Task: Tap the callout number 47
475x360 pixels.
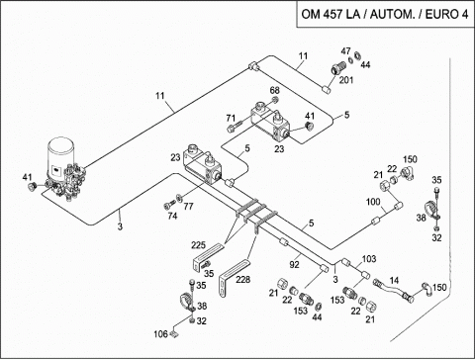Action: click(x=345, y=51)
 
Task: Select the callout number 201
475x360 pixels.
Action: click(x=346, y=80)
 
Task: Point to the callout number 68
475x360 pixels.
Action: click(x=274, y=90)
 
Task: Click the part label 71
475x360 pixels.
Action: click(x=231, y=118)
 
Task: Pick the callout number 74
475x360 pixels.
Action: click(x=172, y=216)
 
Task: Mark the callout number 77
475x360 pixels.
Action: click(x=188, y=207)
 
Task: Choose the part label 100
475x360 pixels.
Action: click(x=373, y=202)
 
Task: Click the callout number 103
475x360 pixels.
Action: click(x=369, y=259)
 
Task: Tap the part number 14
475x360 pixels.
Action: click(x=394, y=281)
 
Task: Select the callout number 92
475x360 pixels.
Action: click(x=294, y=264)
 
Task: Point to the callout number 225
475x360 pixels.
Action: click(x=198, y=245)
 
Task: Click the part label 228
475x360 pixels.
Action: click(x=242, y=280)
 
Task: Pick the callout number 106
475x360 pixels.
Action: click(x=160, y=334)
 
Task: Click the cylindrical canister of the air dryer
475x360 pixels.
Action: click(x=61, y=156)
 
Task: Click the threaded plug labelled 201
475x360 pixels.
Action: click(x=337, y=69)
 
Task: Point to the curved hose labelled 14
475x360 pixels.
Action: click(x=393, y=290)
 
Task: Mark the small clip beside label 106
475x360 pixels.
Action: click(x=173, y=335)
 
